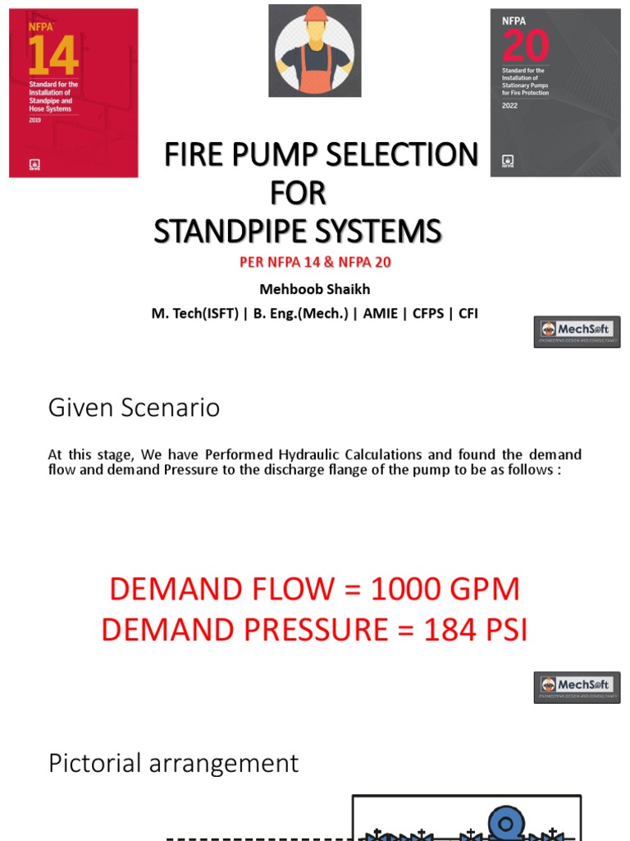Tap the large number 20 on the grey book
coord(526,46)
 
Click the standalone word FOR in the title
coord(298,193)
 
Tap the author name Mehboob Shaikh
coord(314,288)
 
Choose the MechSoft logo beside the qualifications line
coord(577,332)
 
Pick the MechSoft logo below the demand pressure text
coord(577,687)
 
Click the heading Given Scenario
coord(134,407)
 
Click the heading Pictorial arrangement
coord(173,763)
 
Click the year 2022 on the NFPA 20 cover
coord(510,106)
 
